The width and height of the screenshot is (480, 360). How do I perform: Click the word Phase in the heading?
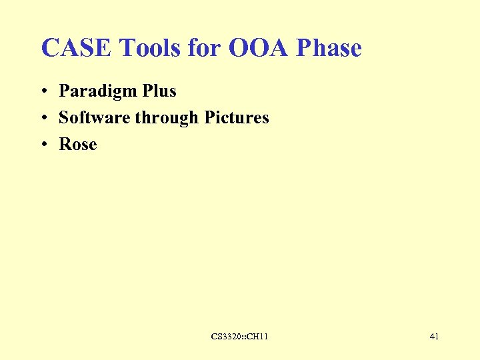pyautogui.click(x=329, y=48)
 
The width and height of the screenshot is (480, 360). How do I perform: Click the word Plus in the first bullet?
pyautogui.click(x=159, y=91)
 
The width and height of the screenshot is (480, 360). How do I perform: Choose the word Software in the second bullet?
pyautogui.click(x=95, y=117)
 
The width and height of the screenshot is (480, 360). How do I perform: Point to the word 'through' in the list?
pyautogui.click(x=167, y=118)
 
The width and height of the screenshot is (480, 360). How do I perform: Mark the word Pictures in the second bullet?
pyautogui.click(x=237, y=117)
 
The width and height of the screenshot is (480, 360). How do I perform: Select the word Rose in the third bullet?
pyautogui.click(x=78, y=144)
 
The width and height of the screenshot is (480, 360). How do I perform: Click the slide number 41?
pyautogui.click(x=434, y=337)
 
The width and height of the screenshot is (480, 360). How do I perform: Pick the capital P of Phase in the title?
pyautogui.click(x=303, y=48)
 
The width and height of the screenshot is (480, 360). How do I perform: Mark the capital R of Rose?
pyautogui.click(x=65, y=144)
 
